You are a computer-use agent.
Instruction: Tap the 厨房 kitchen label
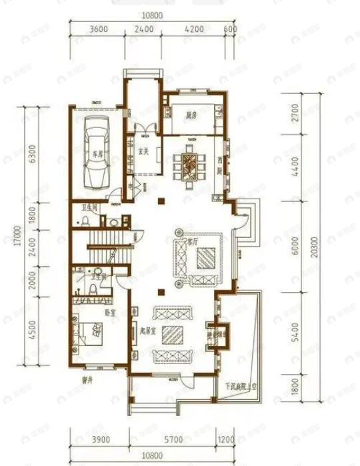point(192,115)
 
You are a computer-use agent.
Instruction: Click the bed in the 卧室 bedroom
point(94,331)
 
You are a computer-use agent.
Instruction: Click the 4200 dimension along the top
point(195,29)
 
